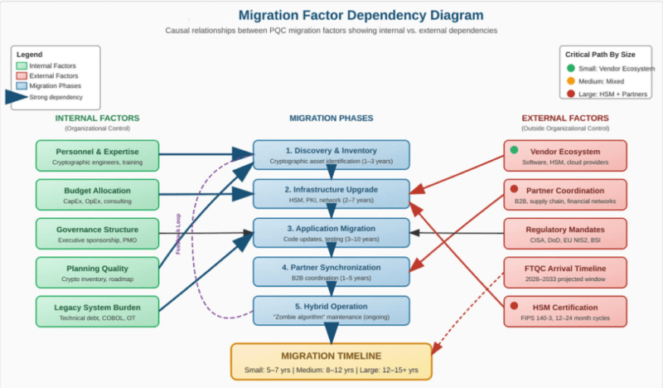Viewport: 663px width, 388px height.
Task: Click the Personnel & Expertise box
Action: [97, 156]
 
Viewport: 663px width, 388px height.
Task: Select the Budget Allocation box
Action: [97, 196]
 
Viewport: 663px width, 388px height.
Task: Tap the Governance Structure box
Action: [97, 234]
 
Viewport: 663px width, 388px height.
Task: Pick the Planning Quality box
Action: [97, 273]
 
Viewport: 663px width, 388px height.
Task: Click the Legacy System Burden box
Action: [97, 312]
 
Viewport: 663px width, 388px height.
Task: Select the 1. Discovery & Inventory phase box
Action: [331, 155]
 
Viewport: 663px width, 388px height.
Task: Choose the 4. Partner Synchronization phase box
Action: [331, 272]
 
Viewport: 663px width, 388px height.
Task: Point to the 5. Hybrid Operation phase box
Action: [331, 311]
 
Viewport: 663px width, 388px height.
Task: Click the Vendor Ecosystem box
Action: [566, 156]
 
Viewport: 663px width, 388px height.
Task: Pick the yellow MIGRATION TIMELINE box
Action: [331, 361]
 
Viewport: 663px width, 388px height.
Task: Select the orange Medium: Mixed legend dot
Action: [570, 82]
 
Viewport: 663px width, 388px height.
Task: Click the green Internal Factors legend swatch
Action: [22, 65]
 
